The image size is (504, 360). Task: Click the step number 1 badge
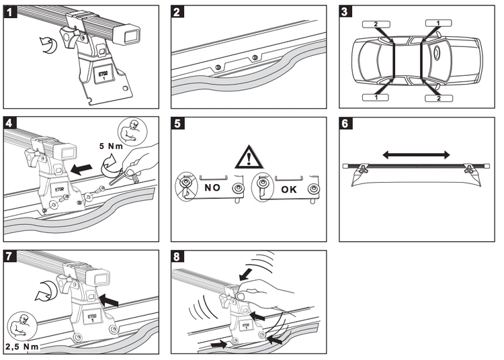[11, 12]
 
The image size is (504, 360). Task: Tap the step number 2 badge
[177, 12]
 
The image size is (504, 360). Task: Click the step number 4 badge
[11, 123]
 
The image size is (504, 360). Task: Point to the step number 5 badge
[177, 123]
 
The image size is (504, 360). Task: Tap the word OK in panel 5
[288, 189]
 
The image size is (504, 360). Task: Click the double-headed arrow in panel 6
[417, 154]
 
